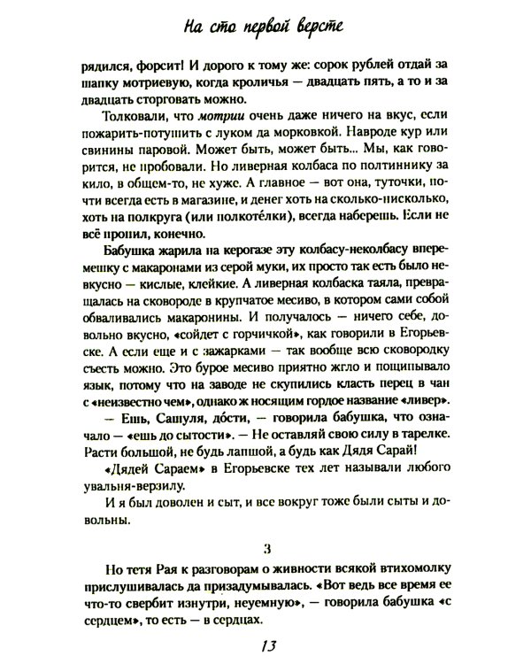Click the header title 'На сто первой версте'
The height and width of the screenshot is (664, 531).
[x=265, y=26]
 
